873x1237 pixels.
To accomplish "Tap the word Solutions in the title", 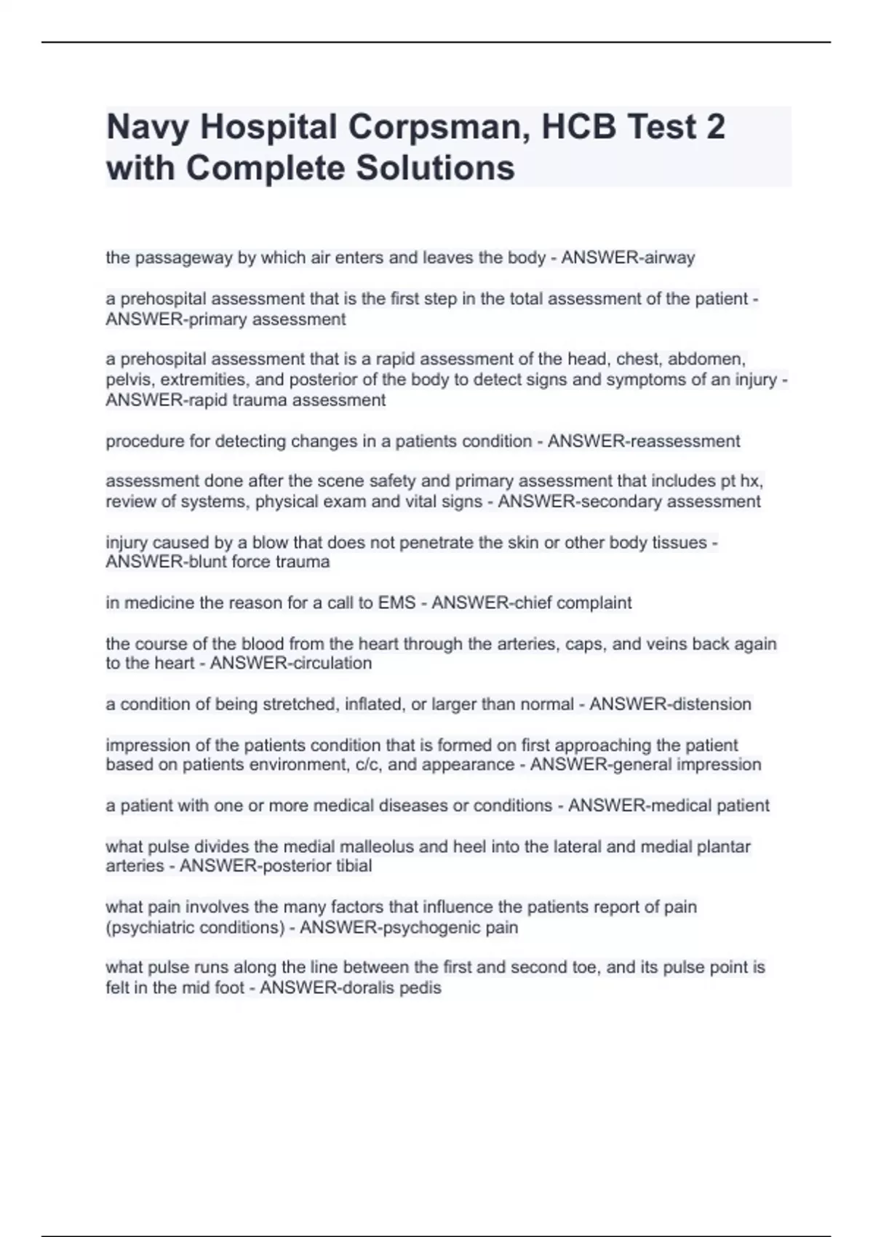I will click(x=435, y=168).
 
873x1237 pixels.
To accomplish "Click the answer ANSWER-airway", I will click(x=628, y=258).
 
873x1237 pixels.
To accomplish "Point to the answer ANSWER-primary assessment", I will click(x=226, y=319).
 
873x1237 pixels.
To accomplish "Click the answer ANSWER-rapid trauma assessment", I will click(x=245, y=400).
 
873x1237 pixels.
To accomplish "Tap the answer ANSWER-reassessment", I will click(x=643, y=442).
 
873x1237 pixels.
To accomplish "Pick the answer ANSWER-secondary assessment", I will click(x=629, y=501).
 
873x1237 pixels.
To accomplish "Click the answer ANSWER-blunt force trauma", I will click(x=218, y=562).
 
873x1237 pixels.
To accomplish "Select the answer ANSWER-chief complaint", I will click(x=531, y=603).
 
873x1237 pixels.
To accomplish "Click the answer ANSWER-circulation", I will click(x=290, y=664).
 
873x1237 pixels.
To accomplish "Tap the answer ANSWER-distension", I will click(x=669, y=704).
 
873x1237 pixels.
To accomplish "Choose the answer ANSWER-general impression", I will click(x=645, y=765).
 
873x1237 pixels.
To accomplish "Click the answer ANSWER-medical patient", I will click(x=668, y=806).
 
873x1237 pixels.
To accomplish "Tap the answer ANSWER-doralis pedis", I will click(x=350, y=988).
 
